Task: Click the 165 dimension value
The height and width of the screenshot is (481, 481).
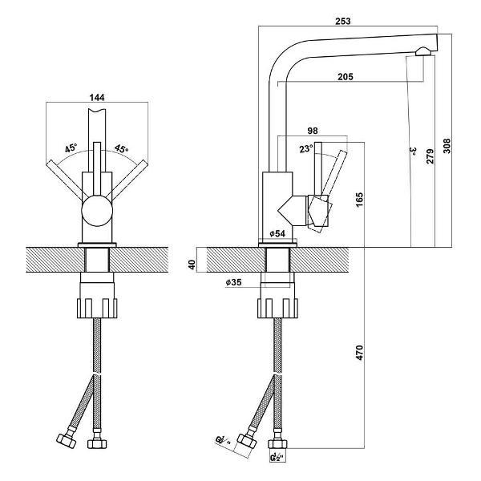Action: [x=360, y=196]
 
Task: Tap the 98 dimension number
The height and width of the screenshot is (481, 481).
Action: [x=313, y=130]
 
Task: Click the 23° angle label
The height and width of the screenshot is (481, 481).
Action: [x=305, y=148]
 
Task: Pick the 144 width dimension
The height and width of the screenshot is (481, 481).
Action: [x=98, y=97]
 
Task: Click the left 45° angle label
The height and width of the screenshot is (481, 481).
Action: [x=71, y=149]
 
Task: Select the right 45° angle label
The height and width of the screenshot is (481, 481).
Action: [x=121, y=149]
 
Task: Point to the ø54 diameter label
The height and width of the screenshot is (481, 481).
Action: [x=279, y=233]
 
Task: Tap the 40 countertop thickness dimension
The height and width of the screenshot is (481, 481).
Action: [x=192, y=264]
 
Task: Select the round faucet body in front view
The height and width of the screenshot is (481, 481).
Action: [x=98, y=215]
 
